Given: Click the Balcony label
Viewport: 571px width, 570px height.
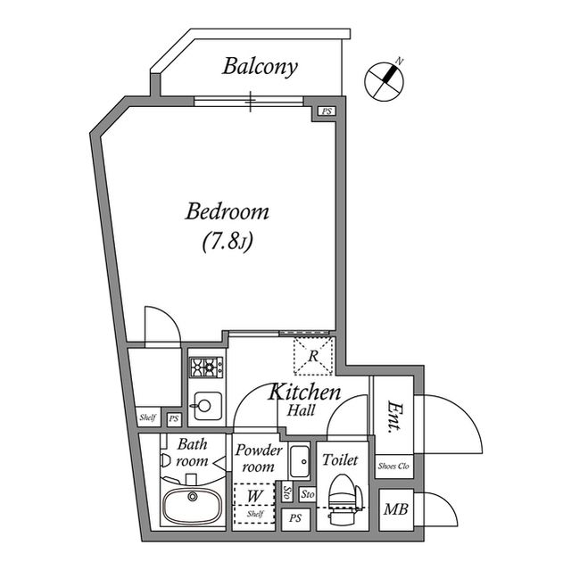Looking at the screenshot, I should (x=261, y=66).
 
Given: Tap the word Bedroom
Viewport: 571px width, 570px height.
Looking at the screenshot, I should (x=228, y=212).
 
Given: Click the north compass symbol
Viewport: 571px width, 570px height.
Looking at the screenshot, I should (x=385, y=79).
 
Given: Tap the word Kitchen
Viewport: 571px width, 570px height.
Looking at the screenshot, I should (x=305, y=392).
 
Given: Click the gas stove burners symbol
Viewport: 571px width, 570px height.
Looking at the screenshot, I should (x=206, y=366).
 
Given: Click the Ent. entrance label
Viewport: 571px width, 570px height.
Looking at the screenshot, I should (x=393, y=417).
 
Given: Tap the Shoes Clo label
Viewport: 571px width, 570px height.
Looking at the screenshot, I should (x=393, y=466).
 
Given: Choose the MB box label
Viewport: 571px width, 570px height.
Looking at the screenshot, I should (x=393, y=510).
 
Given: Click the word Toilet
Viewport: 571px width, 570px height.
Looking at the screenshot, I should (x=340, y=461).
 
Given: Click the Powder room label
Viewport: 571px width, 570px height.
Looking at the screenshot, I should (x=259, y=458).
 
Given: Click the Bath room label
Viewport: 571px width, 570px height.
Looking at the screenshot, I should (x=192, y=452).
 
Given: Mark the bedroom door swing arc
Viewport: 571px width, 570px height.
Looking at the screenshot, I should (x=161, y=321).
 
